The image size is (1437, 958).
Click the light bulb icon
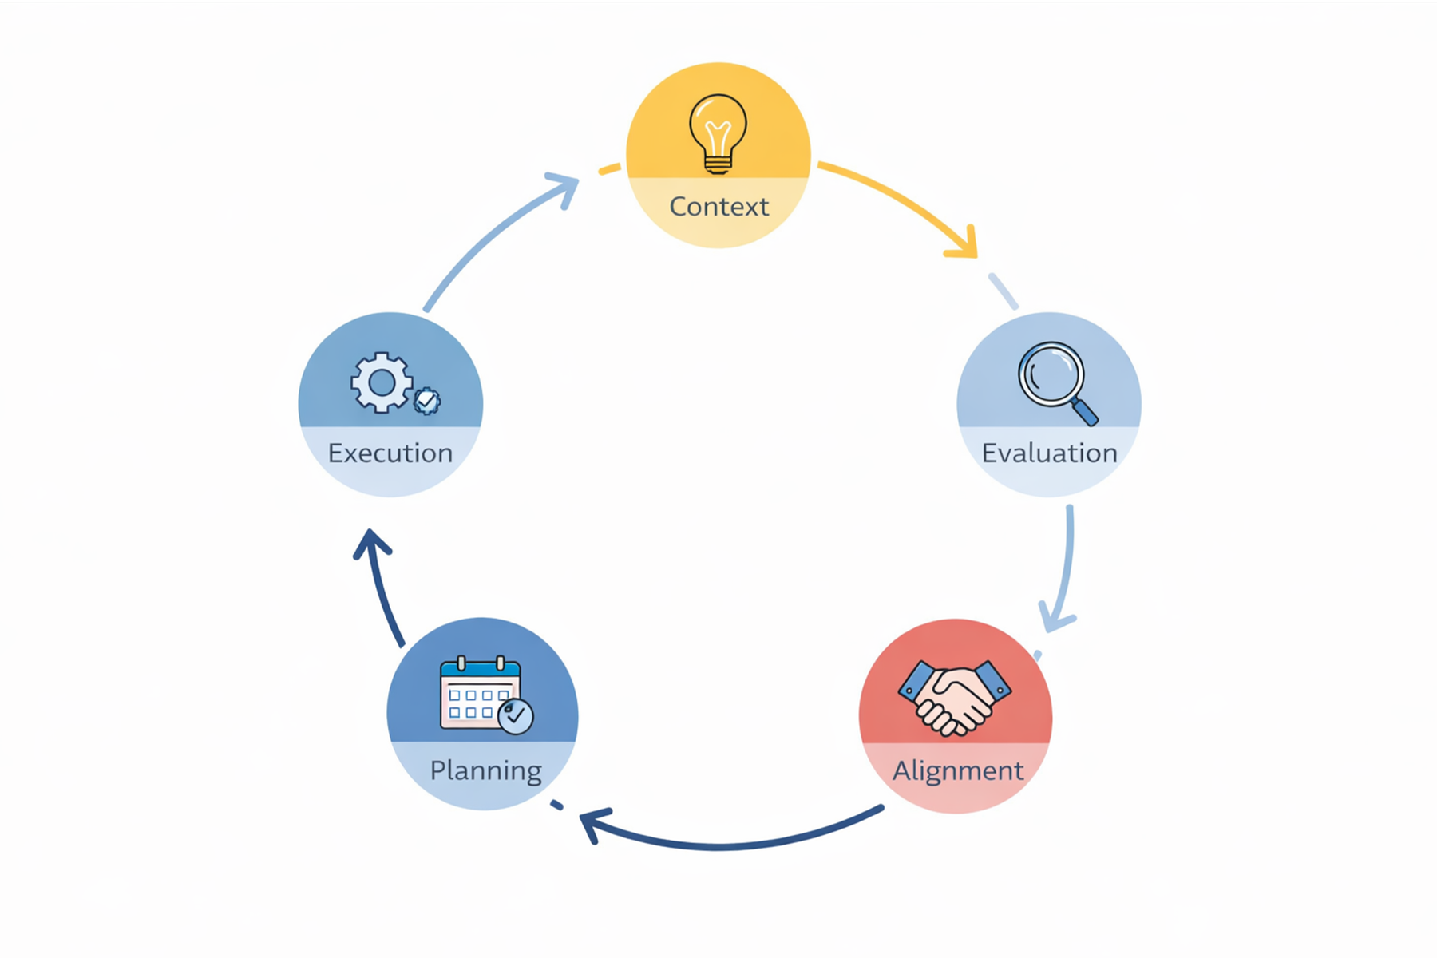pos(718,132)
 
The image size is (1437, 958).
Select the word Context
pos(718,207)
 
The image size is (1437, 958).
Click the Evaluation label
pos(1049,453)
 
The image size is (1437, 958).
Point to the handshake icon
pos(955,695)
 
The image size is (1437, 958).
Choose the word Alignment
pos(957,771)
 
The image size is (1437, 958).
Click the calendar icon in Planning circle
pos(481,693)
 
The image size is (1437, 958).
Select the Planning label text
pos(485,771)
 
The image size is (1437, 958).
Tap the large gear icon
pos(382,382)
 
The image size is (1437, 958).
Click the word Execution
pos(390,453)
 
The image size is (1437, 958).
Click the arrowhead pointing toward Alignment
pos(1055,619)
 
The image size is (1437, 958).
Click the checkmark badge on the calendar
pos(516,716)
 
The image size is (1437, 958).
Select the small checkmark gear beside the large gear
pos(427,400)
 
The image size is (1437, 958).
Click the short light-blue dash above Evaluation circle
pos(1003,291)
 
